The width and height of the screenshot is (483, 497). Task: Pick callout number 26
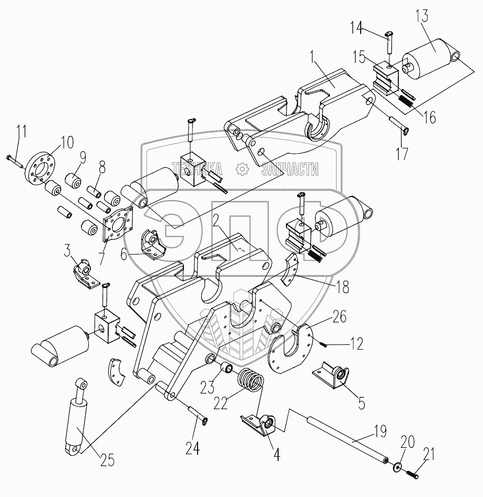(x=325, y=316)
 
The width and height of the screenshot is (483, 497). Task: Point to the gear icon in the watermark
(x=241, y=168)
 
